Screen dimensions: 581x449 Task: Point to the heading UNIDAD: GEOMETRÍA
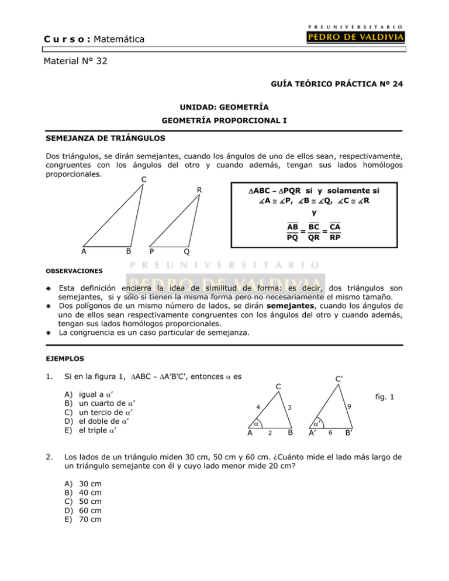coord(224,109)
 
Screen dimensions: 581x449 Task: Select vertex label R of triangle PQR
coord(199,189)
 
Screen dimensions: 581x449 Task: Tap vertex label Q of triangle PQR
coord(185,252)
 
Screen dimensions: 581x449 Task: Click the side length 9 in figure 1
coord(349,407)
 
